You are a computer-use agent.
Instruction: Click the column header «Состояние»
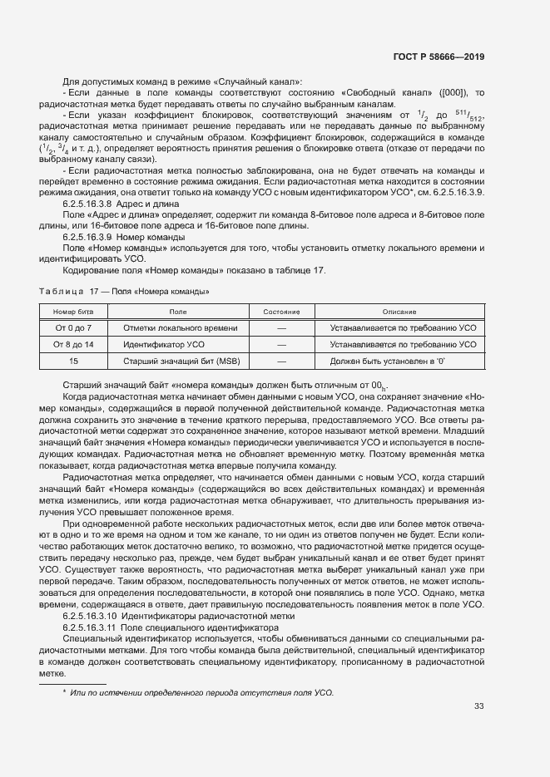tap(281, 311)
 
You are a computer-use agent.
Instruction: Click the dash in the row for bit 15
tap(281, 361)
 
